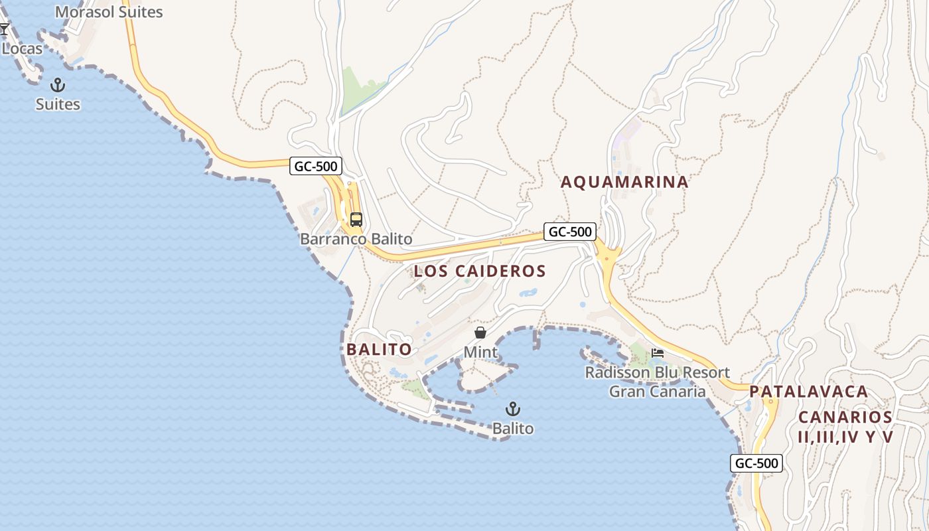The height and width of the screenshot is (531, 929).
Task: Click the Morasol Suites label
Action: pyautogui.click(x=109, y=12)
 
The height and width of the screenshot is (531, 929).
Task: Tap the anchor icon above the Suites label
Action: pyautogui.click(x=58, y=85)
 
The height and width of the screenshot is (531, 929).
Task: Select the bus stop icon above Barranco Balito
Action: pyautogui.click(x=356, y=220)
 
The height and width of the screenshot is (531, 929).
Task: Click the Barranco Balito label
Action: pyautogui.click(x=356, y=239)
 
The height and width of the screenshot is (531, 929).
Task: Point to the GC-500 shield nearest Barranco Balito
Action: pyautogui.click(x=316, y=166)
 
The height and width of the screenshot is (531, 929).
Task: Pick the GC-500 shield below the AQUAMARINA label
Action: pyautogui.click(x=570, y=232)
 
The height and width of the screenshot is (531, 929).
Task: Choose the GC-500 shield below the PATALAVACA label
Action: pyautogui.click(x=756, y=463)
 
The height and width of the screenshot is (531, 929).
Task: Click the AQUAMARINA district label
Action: pyautogui.click(x=624, y=182)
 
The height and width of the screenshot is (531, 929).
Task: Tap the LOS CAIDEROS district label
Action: pyautogui.click(x=480, y=271)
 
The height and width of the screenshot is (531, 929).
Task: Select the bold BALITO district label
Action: pyautogui.click(x=379, y=349)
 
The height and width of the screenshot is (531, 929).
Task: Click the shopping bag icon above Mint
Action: pyautogui.click(x=480, y=333)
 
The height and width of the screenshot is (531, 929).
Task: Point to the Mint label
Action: pyautogui.click(x=480, y=352)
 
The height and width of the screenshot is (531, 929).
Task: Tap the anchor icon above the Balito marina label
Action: pyautogui.click(x=513, y=409)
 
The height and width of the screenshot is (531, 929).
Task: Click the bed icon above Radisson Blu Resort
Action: pyautogui.click(x=658, y=352)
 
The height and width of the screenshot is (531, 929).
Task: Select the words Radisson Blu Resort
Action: pyautogui.click(x=657, y=372)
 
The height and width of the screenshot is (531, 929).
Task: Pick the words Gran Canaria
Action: pyautogui.click(x=657, y=392)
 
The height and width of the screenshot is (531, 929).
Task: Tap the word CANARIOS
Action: pyautogui.click(x=845, y=417)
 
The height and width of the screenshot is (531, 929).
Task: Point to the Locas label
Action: pyautogui.click(x=22, y=48)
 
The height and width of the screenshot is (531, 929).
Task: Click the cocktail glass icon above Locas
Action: pyautogui.click(x=4, y=29)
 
